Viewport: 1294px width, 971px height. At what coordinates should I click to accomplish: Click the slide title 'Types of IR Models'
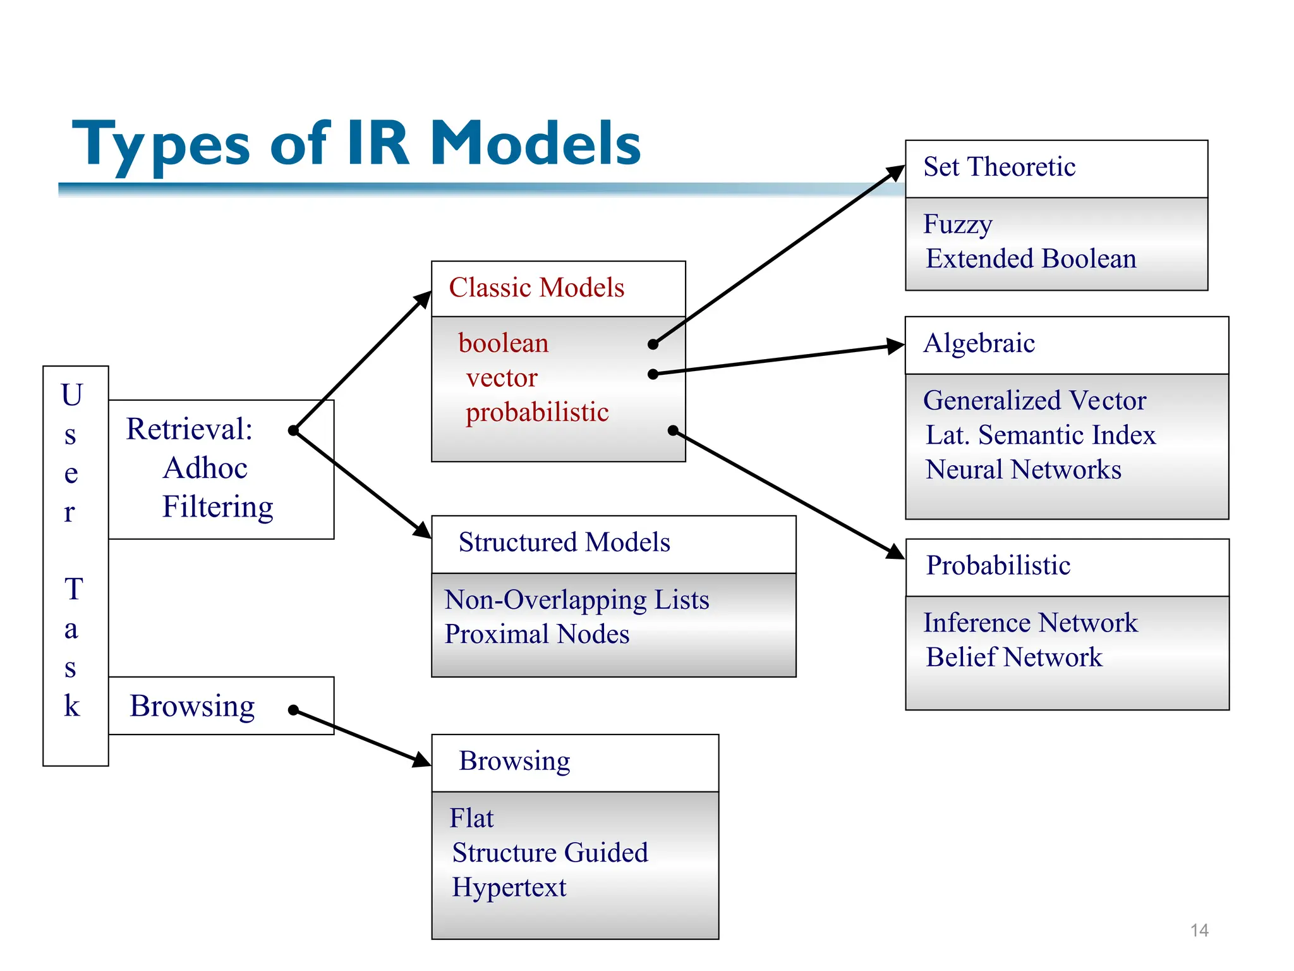tap(357, 144)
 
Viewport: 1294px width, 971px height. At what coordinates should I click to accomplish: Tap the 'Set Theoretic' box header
tap(999, 168)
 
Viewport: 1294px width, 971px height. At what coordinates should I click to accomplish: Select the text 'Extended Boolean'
tap(1031, 259)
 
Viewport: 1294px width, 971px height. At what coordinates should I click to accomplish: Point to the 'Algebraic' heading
tap(979, 344)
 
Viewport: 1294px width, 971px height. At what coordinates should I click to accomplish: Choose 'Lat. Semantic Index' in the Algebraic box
tap(1041, 435)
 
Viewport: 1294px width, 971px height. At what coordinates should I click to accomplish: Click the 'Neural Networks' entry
tap(1024, 470)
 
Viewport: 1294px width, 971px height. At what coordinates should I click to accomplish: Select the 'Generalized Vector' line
tap(1034, 401)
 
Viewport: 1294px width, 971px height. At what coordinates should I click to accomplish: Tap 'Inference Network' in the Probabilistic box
tap(1030, 623)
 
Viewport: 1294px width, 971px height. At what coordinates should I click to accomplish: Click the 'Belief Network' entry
tap(1014, 657)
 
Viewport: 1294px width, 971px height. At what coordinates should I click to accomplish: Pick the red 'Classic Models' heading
tap(536, 288)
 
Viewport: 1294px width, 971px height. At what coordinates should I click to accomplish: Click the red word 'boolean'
tap(504, 344)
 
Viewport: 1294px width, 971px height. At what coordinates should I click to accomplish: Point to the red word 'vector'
tap(502, 378)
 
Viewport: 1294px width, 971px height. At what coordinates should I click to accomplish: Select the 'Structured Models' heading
tap(564, 542)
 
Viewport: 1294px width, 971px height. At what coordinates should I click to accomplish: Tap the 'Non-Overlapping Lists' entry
tap(576, 600)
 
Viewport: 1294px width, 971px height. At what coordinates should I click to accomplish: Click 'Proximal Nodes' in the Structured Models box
tap(537, 635)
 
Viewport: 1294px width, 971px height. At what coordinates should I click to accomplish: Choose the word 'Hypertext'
tap(509, 888)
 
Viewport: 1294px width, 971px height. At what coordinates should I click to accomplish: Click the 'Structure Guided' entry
tap(550, 853)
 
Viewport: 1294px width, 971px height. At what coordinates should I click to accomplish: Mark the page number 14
tap(1199, 931)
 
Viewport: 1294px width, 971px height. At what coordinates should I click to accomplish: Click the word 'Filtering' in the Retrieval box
tap(217, 507)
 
